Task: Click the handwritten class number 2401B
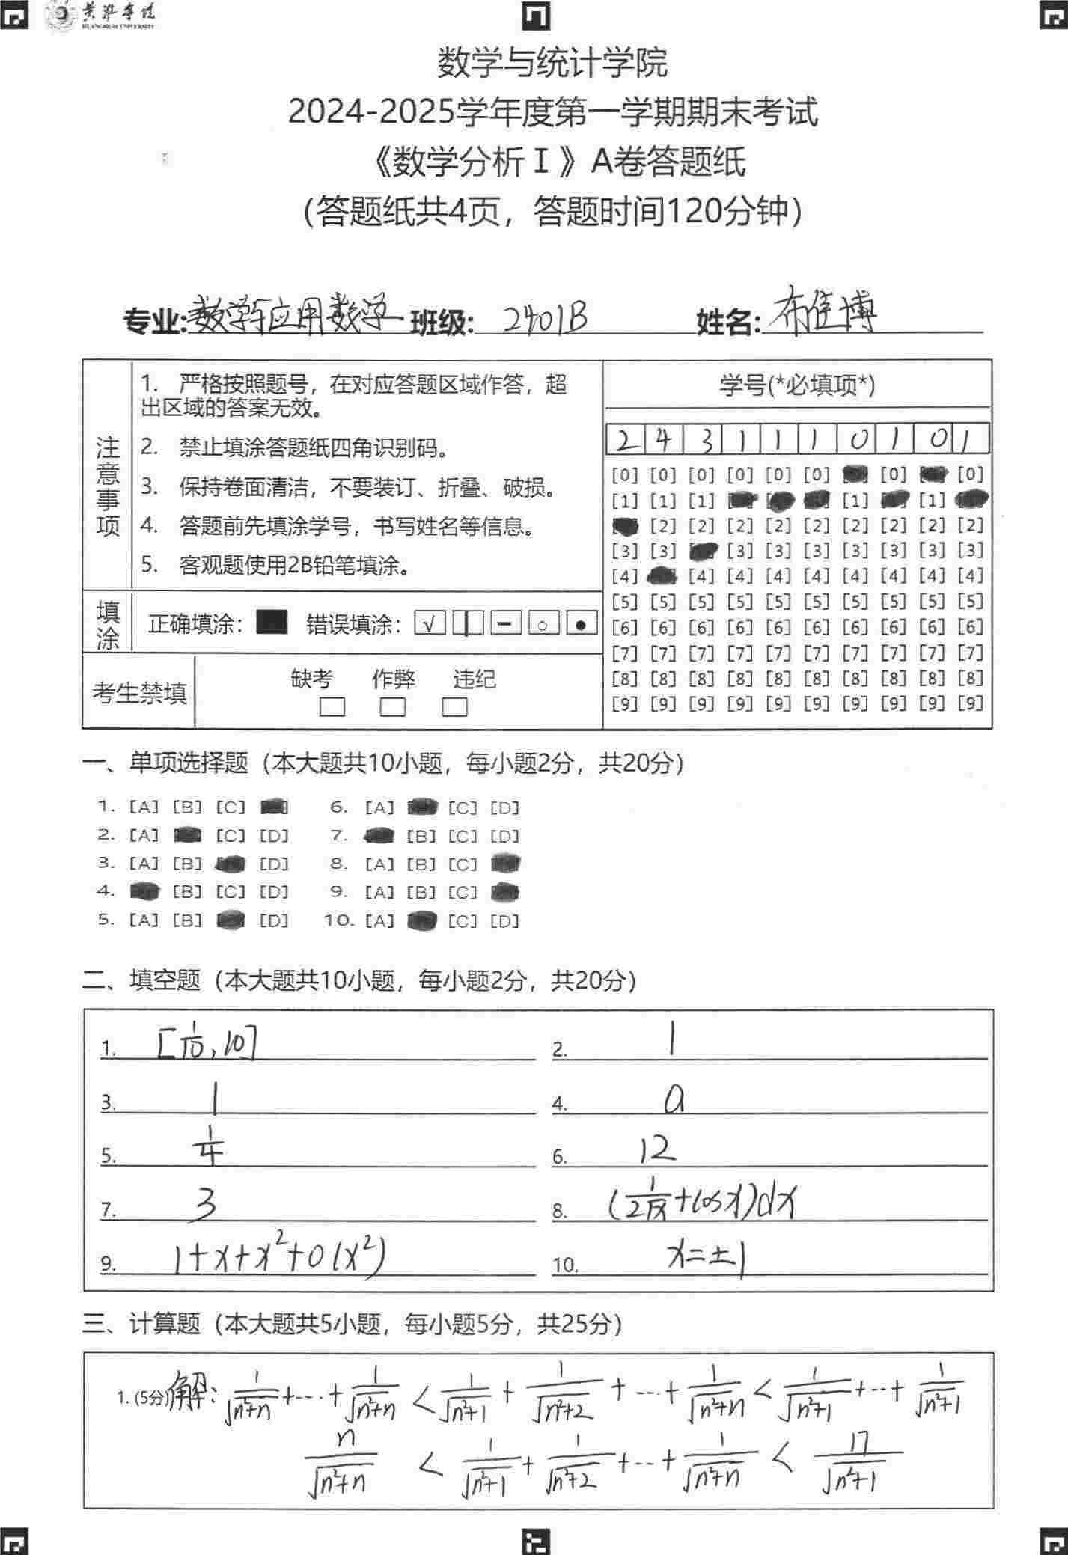click(x=544, y=319)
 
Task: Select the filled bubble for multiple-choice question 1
click(x=274, y=807)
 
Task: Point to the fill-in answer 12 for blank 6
click(x=657, y=1149)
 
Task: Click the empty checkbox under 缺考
click(x=332, y=707)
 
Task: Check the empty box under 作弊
click(x=393, y=707)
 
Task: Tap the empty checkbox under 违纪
click(x=454, y=707)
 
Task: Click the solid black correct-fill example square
click(x=272, y=623)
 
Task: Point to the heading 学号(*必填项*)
click(x=797, y=385)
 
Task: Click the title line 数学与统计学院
click(x=552, y=63)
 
